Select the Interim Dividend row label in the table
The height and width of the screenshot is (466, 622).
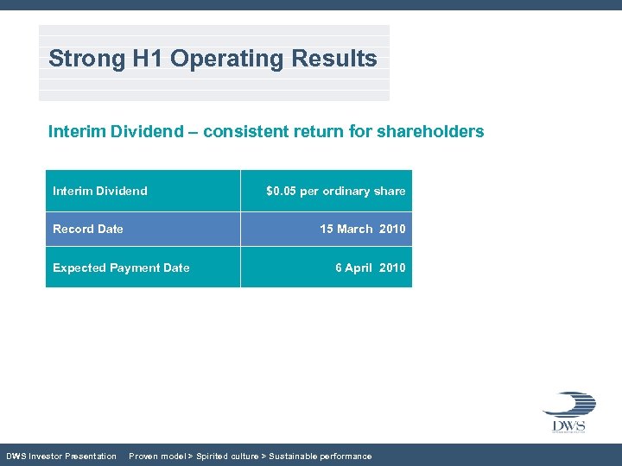(x=99, y=191)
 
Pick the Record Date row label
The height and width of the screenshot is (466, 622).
(x=87, y=229)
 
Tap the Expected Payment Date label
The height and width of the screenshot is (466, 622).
(x=121, y=268)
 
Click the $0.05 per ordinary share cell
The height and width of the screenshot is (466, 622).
(x=335, y=191)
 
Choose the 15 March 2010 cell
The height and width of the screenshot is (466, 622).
(x=362, y=229)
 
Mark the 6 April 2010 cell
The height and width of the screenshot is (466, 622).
(x=370, y=268)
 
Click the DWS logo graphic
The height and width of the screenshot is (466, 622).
(x=568, y=412)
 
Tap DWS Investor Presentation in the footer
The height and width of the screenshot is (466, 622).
(x=61, y=456)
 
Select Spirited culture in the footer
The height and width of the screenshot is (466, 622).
(x=226, y=456)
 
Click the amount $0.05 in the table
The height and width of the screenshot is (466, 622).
(x=281, y=191)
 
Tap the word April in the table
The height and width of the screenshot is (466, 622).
(x=358, y=268)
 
